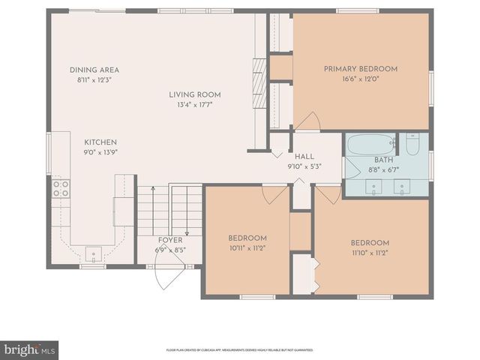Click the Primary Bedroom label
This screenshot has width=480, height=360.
pyautogui.click(x=361, y=69)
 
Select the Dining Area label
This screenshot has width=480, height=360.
pyautogui.click(x=94, y=70)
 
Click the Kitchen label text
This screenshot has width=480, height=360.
pyautogui.click(x=100, y=142)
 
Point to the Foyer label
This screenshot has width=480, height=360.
pyautogui.click(x=169, y=240)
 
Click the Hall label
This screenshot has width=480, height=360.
pyautogui.click(x=304, y=157)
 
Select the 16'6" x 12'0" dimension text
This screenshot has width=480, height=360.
pyautogui.click(x=361, y=79)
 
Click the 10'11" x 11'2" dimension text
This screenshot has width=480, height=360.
pyautogui.click(x=247, y=247)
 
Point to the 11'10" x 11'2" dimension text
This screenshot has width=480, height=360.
pyautogui.click(x=370, y=253)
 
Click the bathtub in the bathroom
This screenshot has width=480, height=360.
pyautogui.click(x=371, y=144)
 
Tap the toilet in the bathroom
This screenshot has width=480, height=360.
pyautogui.click(x=412, y=143)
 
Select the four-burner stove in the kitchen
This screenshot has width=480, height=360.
pyautogui.click(x=60, y=188)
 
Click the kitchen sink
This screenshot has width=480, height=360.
pyautogui.click(x=93, y=253)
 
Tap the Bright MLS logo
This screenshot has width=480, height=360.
pyautogui.click(x=29, y=350)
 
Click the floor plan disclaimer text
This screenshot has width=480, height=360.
pyautogui.click(x=240, y=349)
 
